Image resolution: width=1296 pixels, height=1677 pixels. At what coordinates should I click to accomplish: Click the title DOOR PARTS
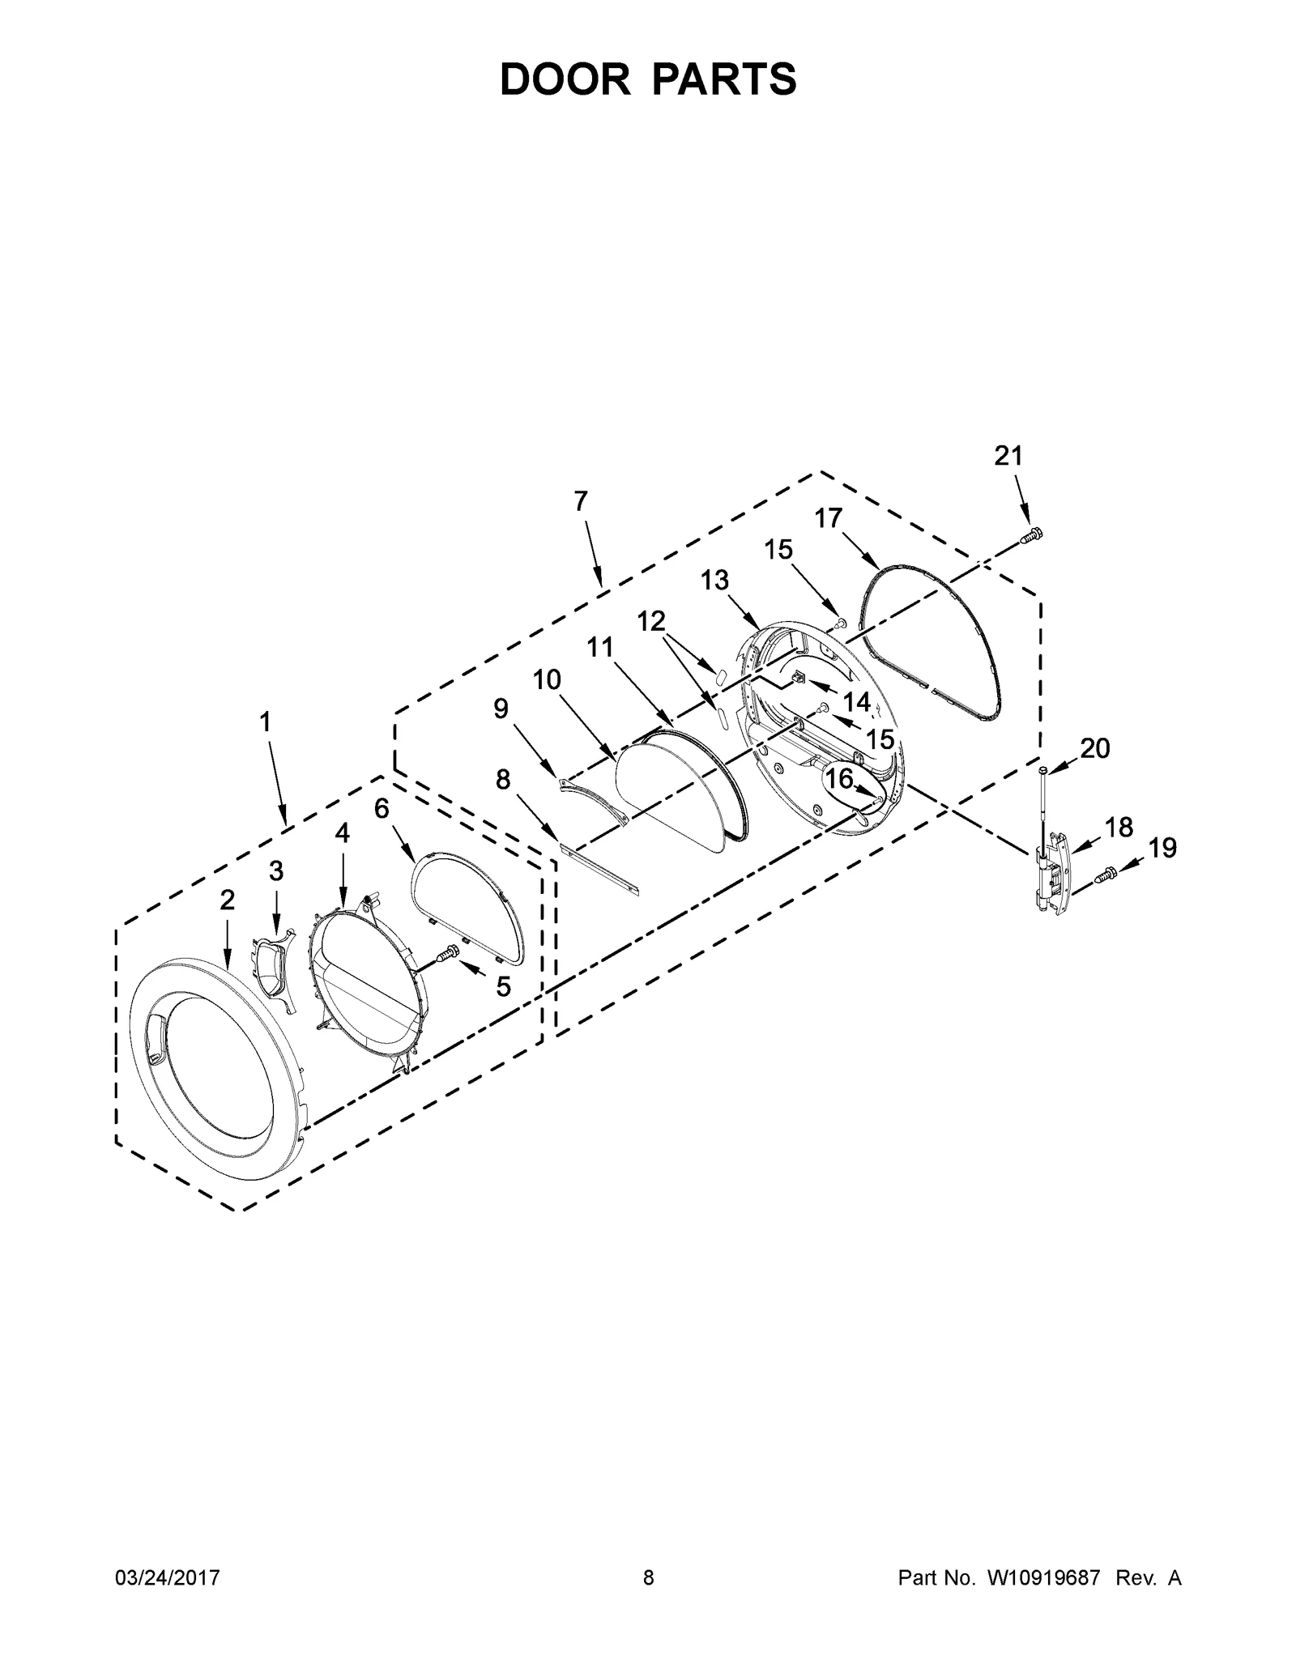(x=648, y=79)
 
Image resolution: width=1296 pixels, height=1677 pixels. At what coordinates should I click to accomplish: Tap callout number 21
(x=1008, y=457)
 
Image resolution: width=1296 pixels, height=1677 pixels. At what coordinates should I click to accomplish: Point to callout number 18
(x=1119, y=827)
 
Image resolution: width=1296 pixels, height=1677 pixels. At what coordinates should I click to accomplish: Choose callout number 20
(x=1095, y=748)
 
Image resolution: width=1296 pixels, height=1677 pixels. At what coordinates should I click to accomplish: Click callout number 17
(x=829, y=518)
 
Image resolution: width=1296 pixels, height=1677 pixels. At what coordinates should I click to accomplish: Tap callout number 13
(x=714, y=581)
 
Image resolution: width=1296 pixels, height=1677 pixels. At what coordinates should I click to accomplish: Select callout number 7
(x=580, y=502)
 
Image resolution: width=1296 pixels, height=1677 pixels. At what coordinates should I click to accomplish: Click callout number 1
(x=265, y=721)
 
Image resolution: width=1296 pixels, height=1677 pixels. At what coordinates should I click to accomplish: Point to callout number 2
(x=227, y=899)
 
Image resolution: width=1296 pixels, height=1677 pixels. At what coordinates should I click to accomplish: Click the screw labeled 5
(x=447, y=956)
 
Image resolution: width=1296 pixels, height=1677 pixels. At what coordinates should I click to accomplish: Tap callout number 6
(x=382, y=807)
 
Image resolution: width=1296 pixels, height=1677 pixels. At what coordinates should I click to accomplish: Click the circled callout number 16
(x=839, y=779)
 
